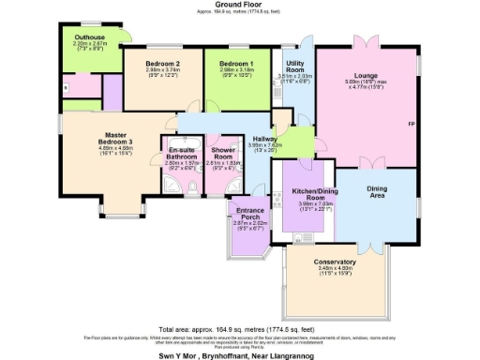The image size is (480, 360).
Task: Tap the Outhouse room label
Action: [89, 38]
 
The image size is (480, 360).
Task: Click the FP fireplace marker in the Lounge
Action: [412, 124]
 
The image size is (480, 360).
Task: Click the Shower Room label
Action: [223, 153]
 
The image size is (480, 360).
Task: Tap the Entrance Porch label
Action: [249, 214]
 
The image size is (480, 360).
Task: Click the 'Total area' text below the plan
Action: [240, 329]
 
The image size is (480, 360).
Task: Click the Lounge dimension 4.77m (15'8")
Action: [367, 91]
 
